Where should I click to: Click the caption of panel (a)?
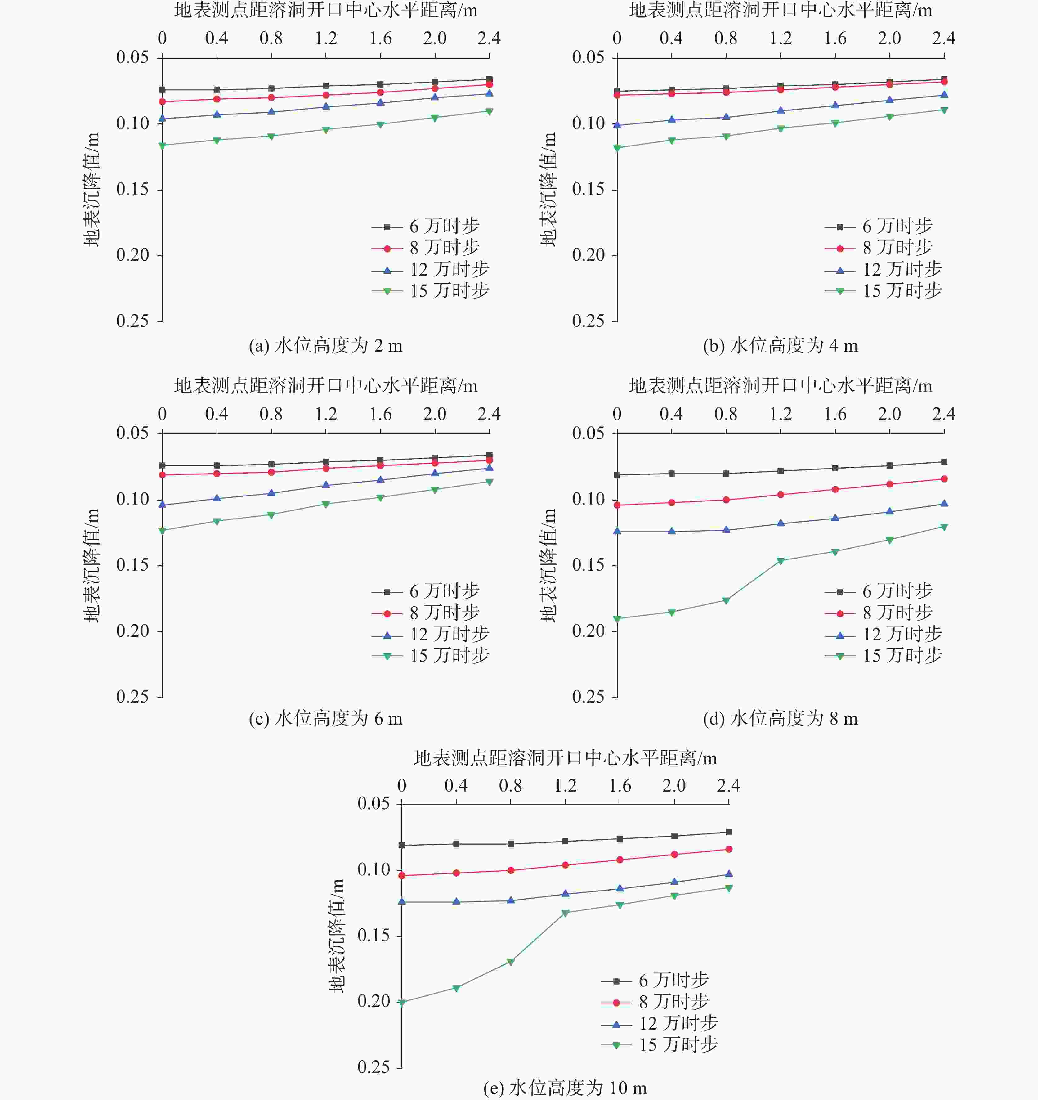325,346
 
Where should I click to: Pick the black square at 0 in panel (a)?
162,90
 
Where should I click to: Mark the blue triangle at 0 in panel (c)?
162,505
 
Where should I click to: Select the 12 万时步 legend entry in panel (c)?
431,635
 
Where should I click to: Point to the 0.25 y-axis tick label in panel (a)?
133,321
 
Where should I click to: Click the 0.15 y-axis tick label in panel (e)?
374,936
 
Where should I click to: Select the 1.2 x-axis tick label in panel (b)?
780,38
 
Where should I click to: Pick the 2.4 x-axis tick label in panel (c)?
489,414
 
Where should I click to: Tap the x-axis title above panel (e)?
565,758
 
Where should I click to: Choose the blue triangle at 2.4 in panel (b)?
944,95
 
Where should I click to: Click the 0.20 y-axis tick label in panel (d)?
588,631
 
